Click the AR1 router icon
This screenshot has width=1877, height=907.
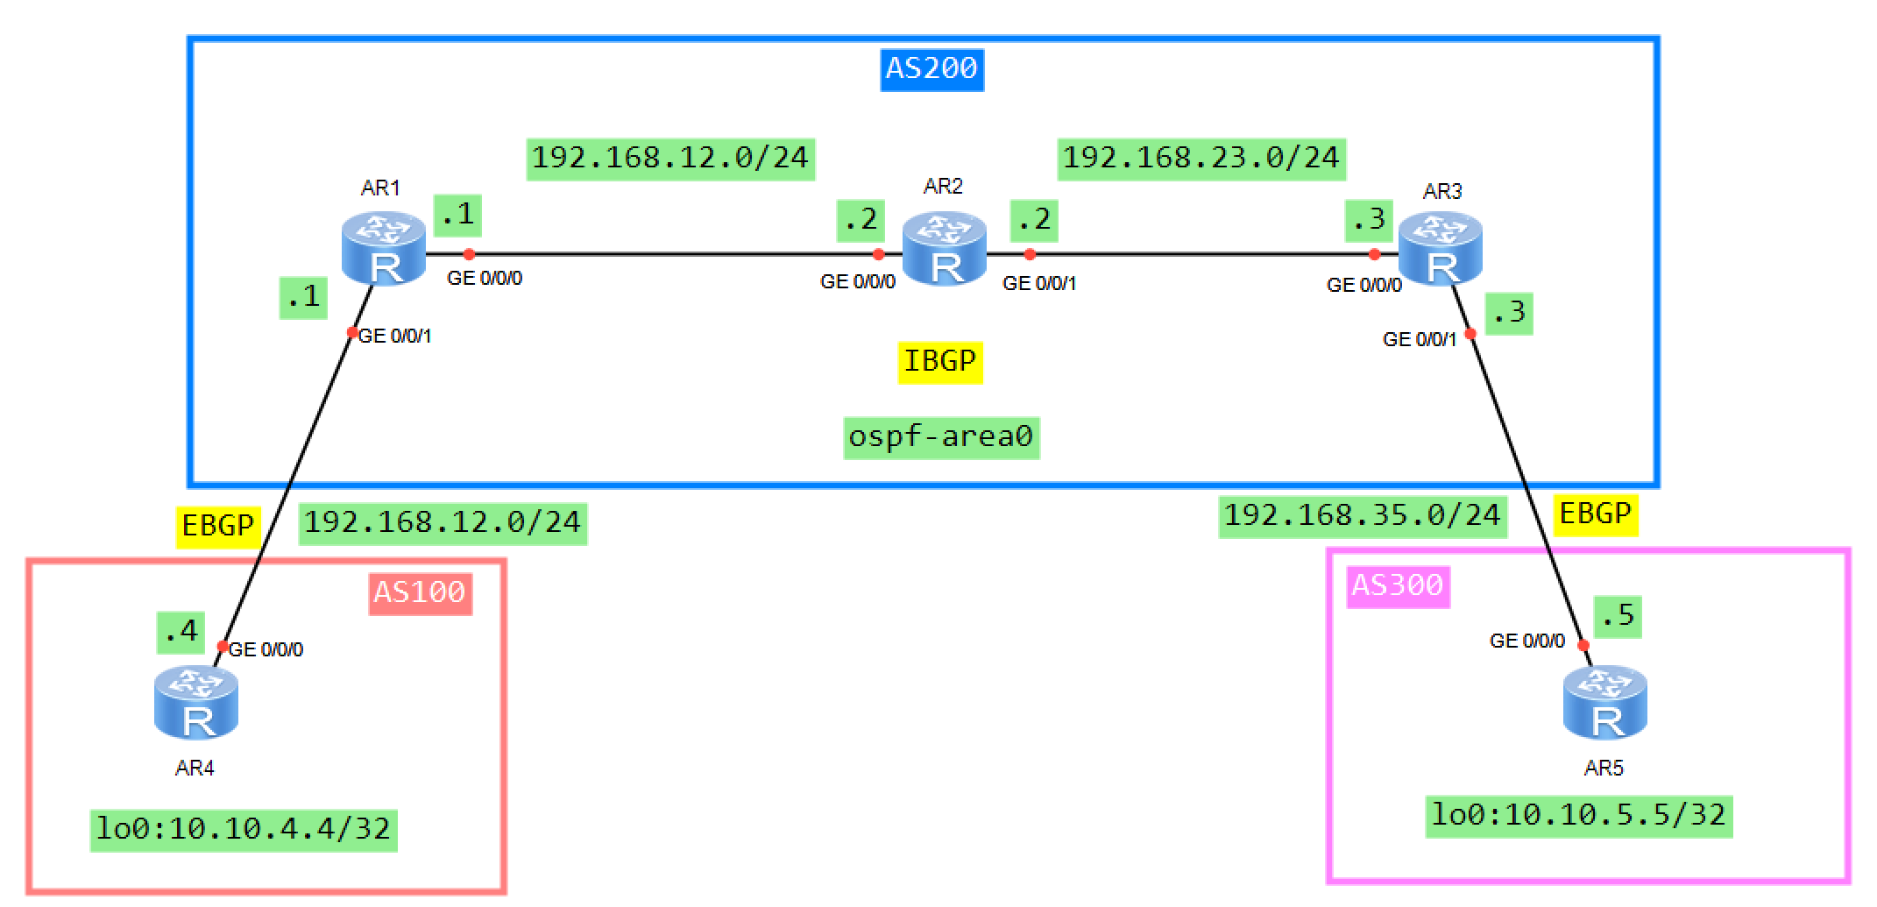(384, 249)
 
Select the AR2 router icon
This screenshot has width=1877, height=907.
(944, 249)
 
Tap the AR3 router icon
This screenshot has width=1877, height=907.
(1440, 249)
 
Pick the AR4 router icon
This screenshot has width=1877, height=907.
(196, 703)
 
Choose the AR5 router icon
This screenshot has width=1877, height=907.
(1604, 703)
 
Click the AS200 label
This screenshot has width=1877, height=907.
(931, 69)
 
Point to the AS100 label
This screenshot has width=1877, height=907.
(420, 593)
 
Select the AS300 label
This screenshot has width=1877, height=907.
(1397, 585)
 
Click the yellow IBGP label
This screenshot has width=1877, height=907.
(939, 362)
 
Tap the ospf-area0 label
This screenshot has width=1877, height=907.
(941, 437)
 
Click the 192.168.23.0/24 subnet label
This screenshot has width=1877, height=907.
(1201, 159)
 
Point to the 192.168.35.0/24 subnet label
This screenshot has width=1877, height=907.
(1362, 516)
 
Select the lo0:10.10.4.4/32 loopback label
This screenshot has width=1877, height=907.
(244, 830)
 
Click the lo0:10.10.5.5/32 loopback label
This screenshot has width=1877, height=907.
(1578, 816)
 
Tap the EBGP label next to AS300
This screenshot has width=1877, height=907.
(1595, 514)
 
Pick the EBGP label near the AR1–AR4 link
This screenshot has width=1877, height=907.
(217, 527)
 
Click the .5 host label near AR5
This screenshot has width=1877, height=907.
(1617, 616)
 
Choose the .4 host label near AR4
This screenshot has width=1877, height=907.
(181, 632)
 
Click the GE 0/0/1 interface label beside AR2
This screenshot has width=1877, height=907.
(1039, 284)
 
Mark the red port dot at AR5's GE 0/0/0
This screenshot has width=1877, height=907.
(1583, 646)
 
